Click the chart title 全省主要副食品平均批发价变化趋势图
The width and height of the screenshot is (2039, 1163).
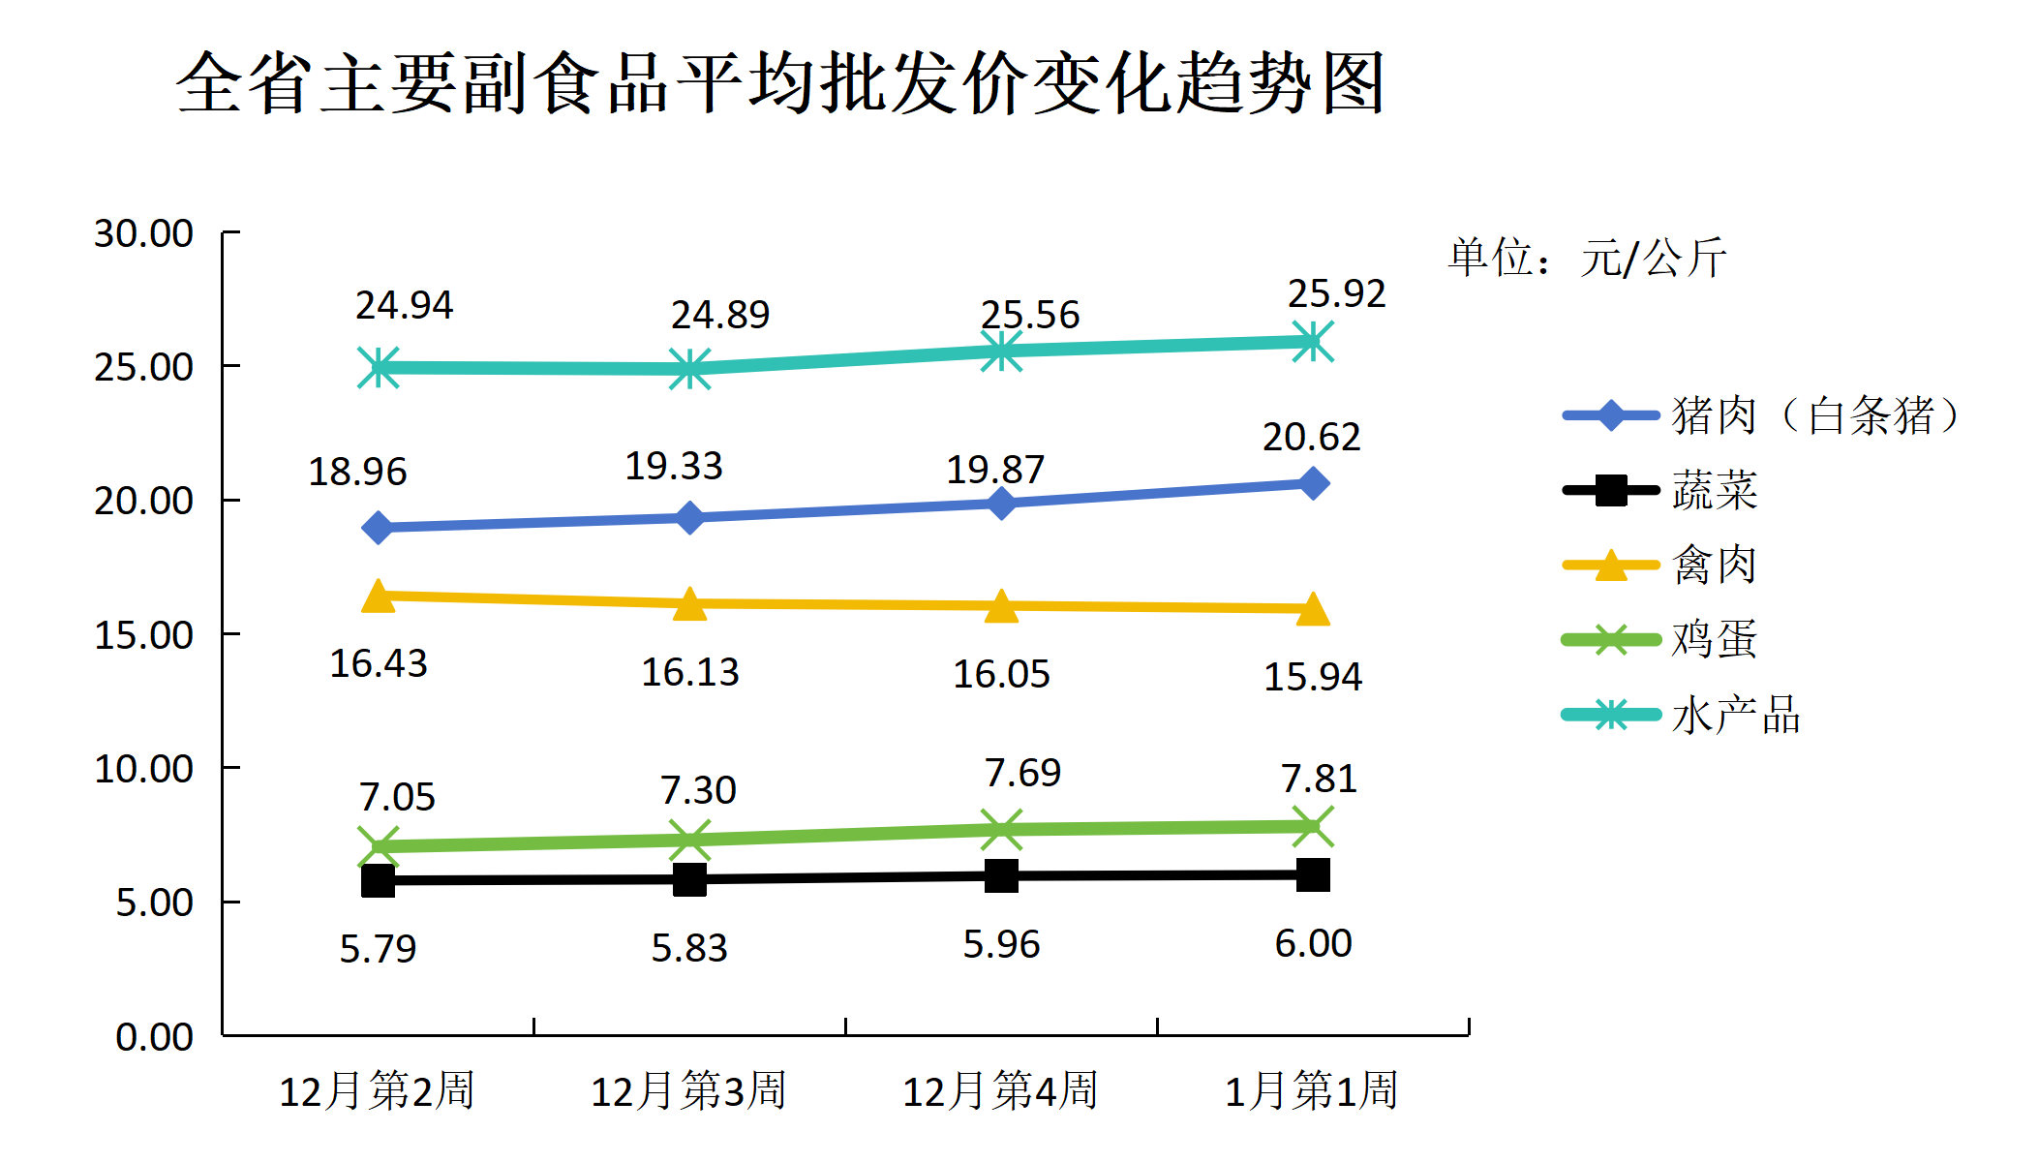tap(780, 83)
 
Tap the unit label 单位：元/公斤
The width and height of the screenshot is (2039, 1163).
tap(1587, 258)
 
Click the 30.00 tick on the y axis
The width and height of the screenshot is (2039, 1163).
tap(143, 233)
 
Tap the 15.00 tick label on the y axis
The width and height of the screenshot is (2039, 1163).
tap(143, 635)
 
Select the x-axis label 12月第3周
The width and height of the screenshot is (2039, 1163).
tap(688, 1090)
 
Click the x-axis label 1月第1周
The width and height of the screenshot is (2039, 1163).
tap(1312, 1090)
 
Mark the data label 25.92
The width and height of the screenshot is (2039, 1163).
tap(1336, 293)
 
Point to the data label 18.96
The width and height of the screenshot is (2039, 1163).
tap(357, 472)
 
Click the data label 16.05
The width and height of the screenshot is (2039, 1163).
tap(1001, 674)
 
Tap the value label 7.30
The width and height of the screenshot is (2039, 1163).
tap(698, 790)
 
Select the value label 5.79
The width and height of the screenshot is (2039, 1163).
tap(378, 948)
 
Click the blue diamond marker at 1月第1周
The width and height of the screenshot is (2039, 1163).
tap(1313, 482)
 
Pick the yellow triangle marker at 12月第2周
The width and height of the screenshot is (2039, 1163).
tap(379, 597)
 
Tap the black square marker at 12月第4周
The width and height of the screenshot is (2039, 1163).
tap(1001, 875)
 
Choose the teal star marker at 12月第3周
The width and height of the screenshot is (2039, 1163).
tap(689, 369)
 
